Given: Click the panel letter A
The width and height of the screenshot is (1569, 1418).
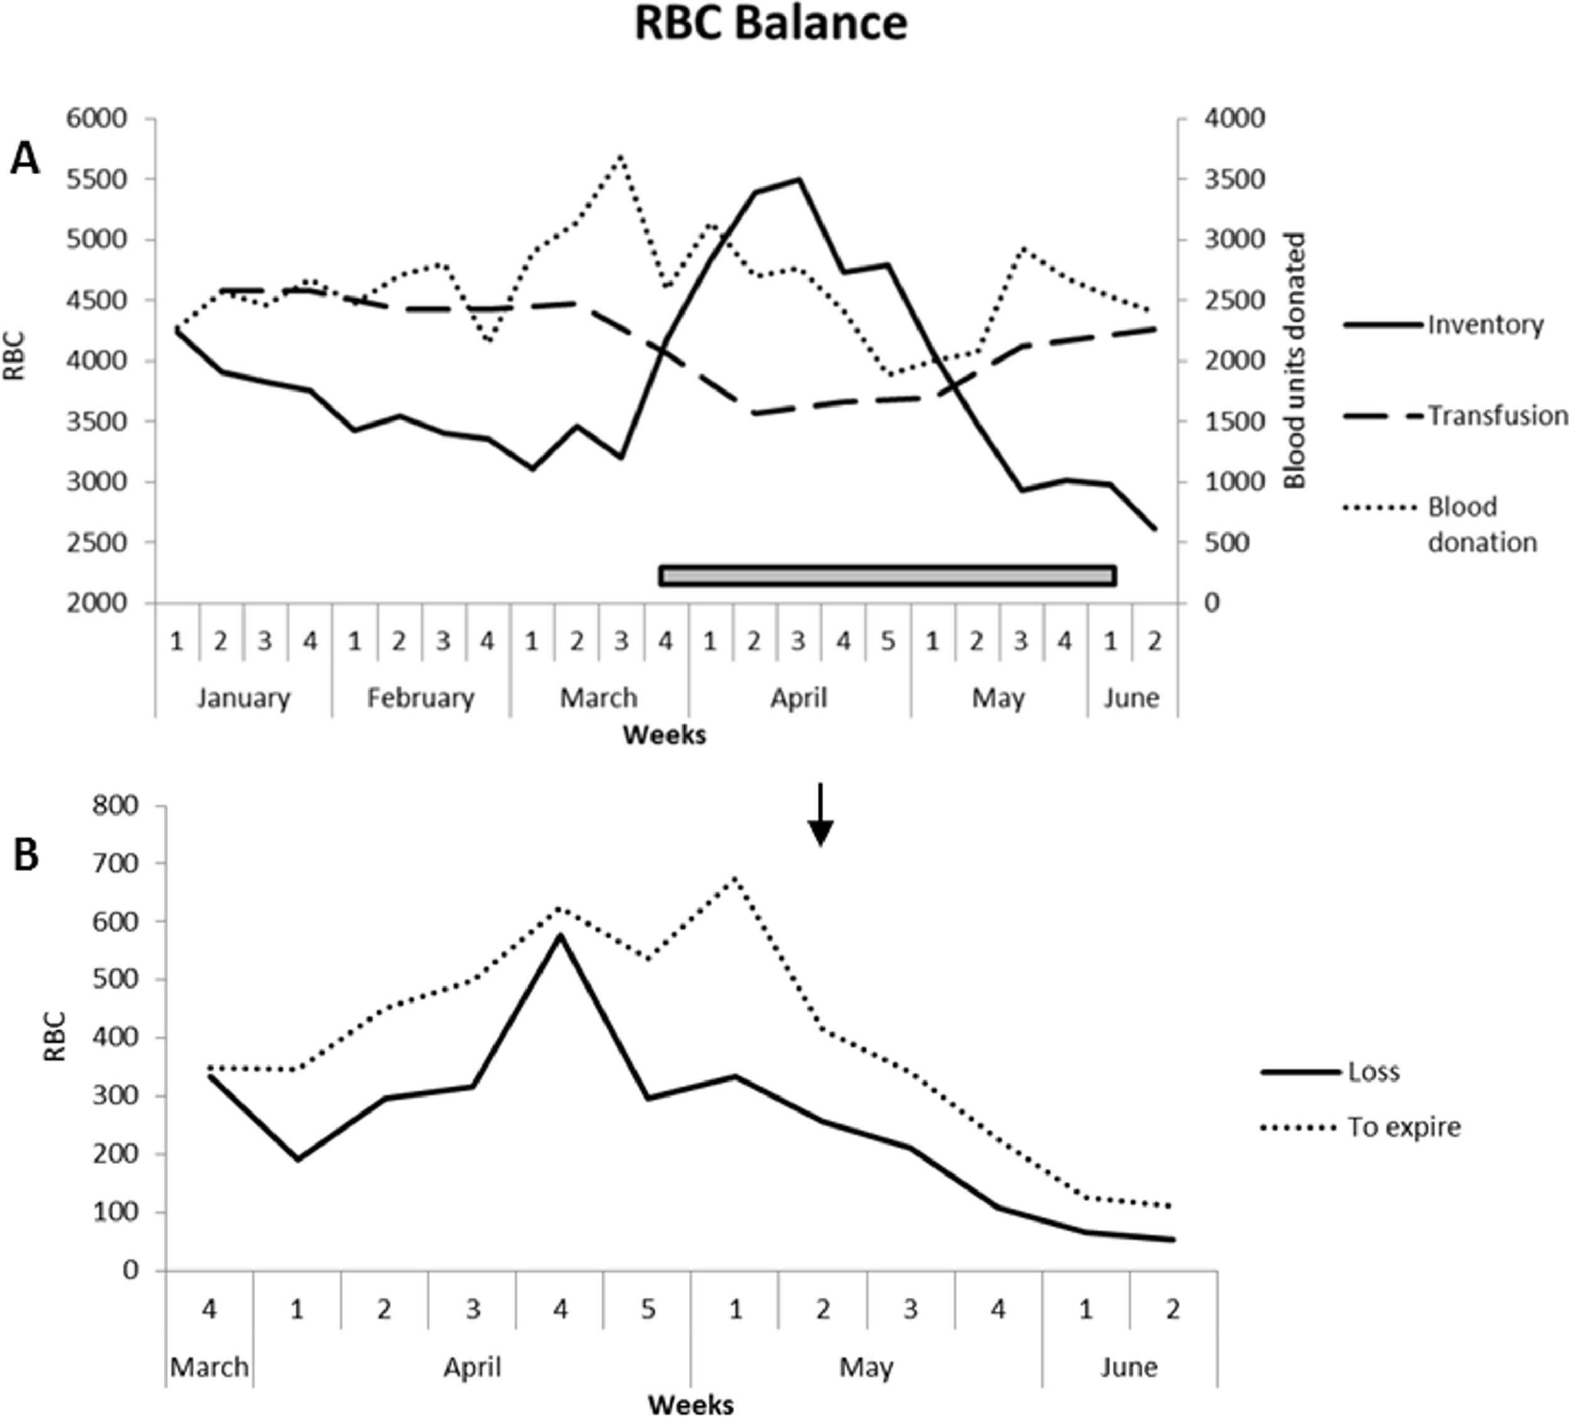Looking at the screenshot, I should tap(25, 161).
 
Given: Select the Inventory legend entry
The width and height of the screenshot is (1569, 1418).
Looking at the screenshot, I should tap(1484, 324).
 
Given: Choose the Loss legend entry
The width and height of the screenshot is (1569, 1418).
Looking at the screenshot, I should tap(1374, 1072).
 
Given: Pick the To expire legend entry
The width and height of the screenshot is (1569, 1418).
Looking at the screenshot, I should tap(1403, 1127).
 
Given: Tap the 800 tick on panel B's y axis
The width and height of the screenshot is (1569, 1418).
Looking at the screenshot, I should tap(116, 806).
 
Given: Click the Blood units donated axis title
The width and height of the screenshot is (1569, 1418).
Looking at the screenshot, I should tap(1294, 360).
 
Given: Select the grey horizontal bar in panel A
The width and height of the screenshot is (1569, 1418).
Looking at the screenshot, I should tap(887, 576).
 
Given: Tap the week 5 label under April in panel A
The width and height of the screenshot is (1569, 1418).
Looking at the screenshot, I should tap(888, 642).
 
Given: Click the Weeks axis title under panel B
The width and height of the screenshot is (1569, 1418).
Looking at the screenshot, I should tap(690, 1405).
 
